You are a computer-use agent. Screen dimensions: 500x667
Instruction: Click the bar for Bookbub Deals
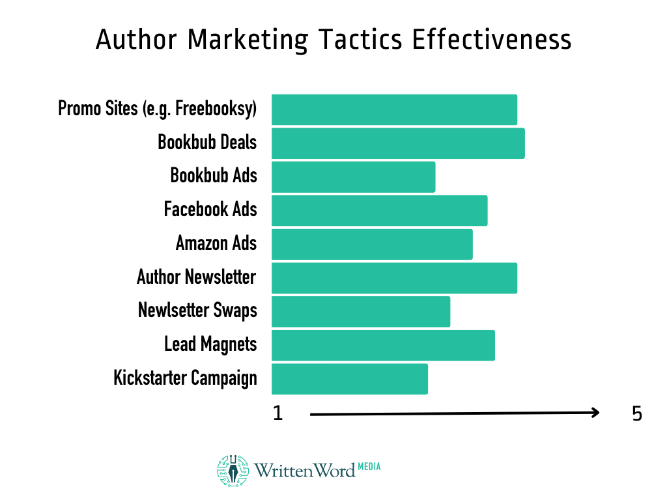(398, 143)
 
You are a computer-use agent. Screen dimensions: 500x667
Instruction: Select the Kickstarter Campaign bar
(350, 379)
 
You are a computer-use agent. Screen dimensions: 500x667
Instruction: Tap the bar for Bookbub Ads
(353, 177)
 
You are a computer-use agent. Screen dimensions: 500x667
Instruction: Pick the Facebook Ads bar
(379, 211)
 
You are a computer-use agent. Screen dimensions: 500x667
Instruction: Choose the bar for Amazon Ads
(372, 245)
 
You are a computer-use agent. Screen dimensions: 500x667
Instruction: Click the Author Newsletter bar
(394, 278)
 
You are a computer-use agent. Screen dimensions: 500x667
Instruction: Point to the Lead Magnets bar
(383, 345)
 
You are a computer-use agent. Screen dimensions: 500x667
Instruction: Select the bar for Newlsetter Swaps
(361, 312)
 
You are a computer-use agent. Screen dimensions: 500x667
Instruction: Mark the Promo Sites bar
(394, 109)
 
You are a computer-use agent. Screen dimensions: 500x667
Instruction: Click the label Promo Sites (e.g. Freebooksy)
(158, 109)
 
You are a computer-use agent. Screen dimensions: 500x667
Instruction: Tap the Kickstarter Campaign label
(185, 378)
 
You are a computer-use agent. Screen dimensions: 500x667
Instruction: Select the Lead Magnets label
(210, 344)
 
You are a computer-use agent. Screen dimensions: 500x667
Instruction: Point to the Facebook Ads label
(210, 210)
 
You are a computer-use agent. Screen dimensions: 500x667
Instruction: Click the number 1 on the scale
(278, 413)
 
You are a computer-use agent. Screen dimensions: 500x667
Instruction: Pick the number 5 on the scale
(637, 413)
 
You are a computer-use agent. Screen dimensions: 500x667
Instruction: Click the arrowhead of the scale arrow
(595, 413)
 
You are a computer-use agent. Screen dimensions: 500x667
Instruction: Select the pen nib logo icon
(233, 471)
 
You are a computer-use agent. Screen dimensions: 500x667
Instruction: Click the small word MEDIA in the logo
(369, 466)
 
